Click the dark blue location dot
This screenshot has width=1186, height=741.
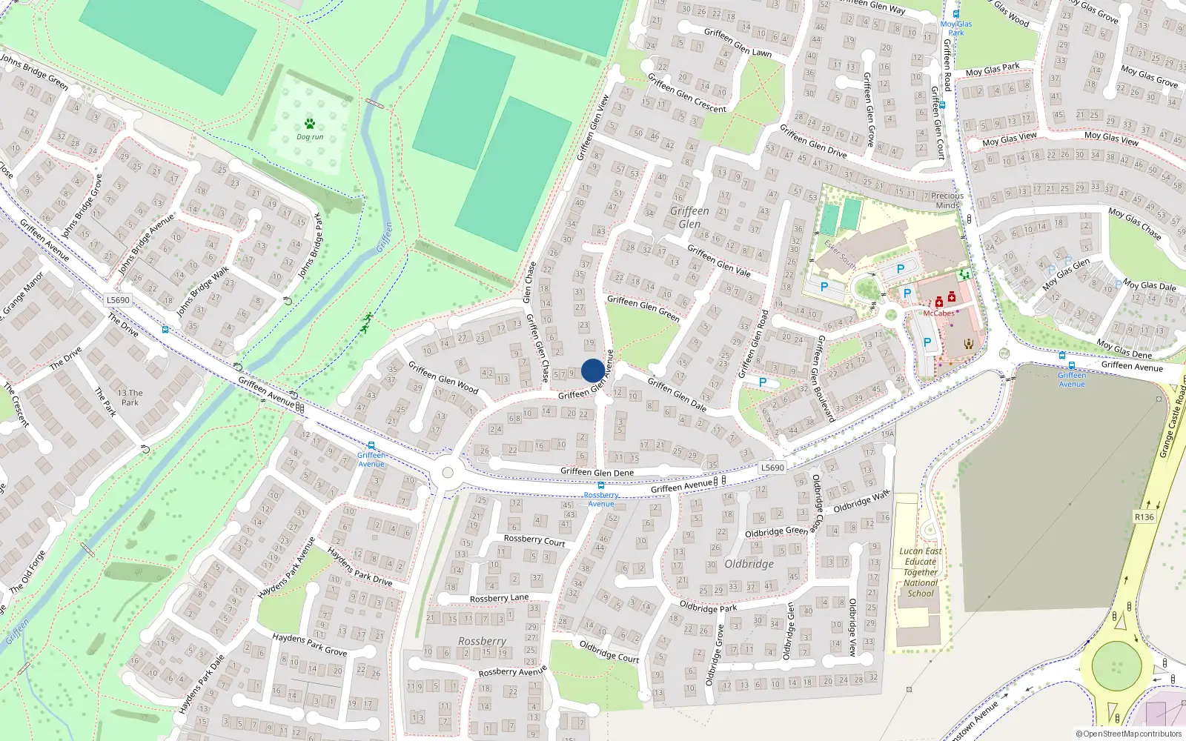pyautogui.click(x=593, y=370)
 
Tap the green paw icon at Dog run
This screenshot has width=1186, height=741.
pyautogui.click(x=309, y=124)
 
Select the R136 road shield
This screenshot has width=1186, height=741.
pyautogui.click(x=1144, y=516)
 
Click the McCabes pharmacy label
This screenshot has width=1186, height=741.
pyautogui.click(x=938, y=313)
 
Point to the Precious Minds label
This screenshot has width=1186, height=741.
pyautogui.click(x=947, y=201)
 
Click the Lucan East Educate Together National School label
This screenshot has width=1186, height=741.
pyautogui.click(x=921, y=572)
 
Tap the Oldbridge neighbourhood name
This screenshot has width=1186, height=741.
pyautogui.click(x=749, y=564)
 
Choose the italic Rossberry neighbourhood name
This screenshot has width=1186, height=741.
pyautogui.click(x=482, y=641)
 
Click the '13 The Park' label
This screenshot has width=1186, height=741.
pyautogui.click(x=130, y=398)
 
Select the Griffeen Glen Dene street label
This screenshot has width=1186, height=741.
pyautogui.click(x=597, y=472)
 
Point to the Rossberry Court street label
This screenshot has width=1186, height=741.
pyautogui.click(x=534, y=540)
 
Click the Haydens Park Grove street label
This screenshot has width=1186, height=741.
pyautogui.click(x=309, y=644)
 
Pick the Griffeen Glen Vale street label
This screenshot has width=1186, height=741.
pyautogui.click(x=718, y=261)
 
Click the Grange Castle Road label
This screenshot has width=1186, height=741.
pyautogui.click(x=1173, y=425)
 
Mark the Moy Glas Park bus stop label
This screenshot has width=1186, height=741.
pyautogui.click(x=956, y=28)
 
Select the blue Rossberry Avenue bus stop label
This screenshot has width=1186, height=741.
pyautogui.click(x=601, y=499)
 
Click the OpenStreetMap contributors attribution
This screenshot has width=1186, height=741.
pyautogui.click(x=1128, y=734)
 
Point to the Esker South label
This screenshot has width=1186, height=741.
pyautogui.click(x=840, y=254)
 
